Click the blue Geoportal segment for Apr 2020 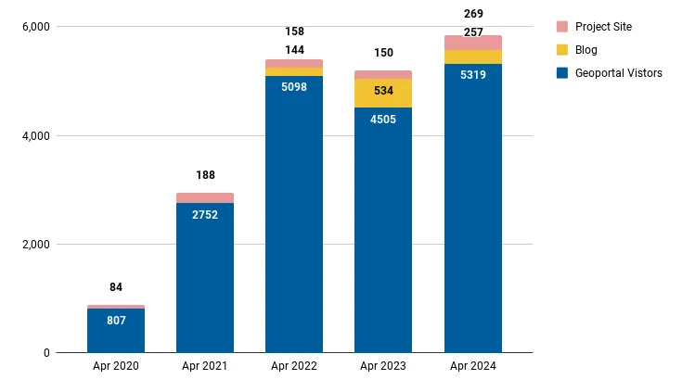116,330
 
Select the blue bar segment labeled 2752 205,278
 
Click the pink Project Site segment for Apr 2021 205,197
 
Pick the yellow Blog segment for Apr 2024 472,57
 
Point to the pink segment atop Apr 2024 472,43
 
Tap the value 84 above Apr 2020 116,287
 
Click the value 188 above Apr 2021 205,175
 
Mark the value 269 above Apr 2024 472,14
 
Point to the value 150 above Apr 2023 383,53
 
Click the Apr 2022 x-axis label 294,367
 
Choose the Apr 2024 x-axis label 472,367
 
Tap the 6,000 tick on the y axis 32,27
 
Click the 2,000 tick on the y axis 32,245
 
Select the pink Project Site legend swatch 562,27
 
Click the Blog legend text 586,50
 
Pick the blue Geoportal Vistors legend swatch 562,73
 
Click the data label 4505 383,120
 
